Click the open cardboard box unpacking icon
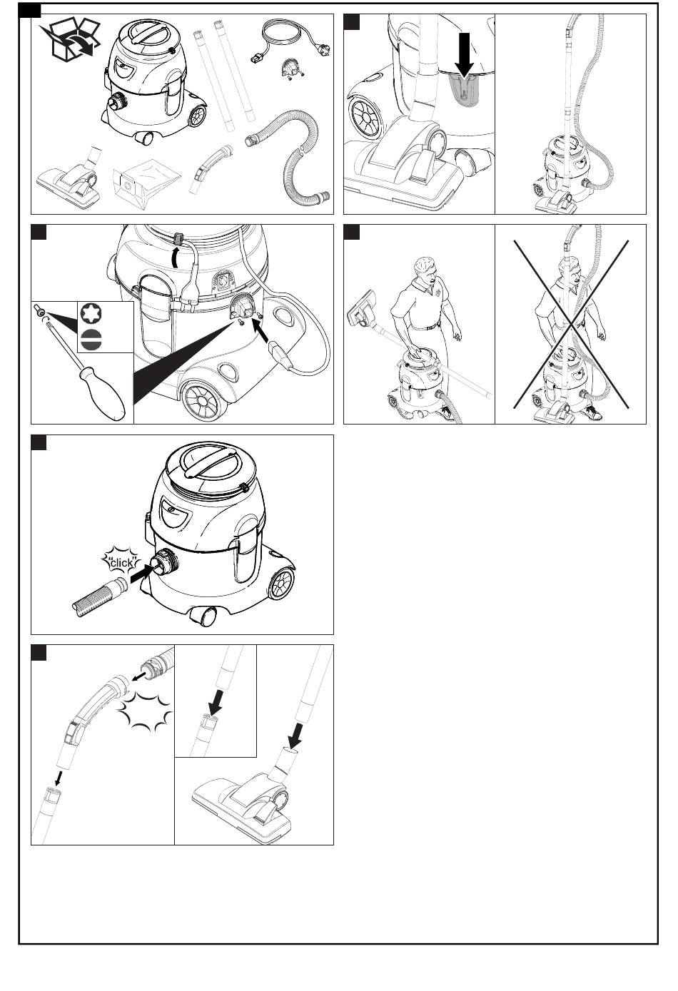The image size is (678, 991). tap(70, 39)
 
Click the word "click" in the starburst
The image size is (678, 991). tap(121, 563)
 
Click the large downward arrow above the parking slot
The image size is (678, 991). tap(464, 54)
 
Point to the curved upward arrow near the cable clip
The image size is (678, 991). tap(176, 258)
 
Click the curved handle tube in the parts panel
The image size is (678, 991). tap(210, 166)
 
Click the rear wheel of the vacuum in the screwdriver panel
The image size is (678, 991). tap(201, 400)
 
